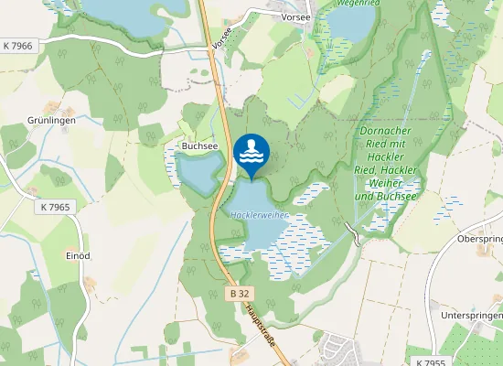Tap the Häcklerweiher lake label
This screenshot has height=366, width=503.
pos(260,215)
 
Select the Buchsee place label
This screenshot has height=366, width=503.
pos(199,145)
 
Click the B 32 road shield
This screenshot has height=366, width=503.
pos(238,294)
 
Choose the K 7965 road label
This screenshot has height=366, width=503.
pos(56,208)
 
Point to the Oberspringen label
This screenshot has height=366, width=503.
pos(480,238)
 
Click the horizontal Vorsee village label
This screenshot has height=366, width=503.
pos(296,16)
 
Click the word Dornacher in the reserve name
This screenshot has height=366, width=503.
pos(389,129)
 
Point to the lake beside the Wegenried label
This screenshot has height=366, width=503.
pos(347,23)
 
